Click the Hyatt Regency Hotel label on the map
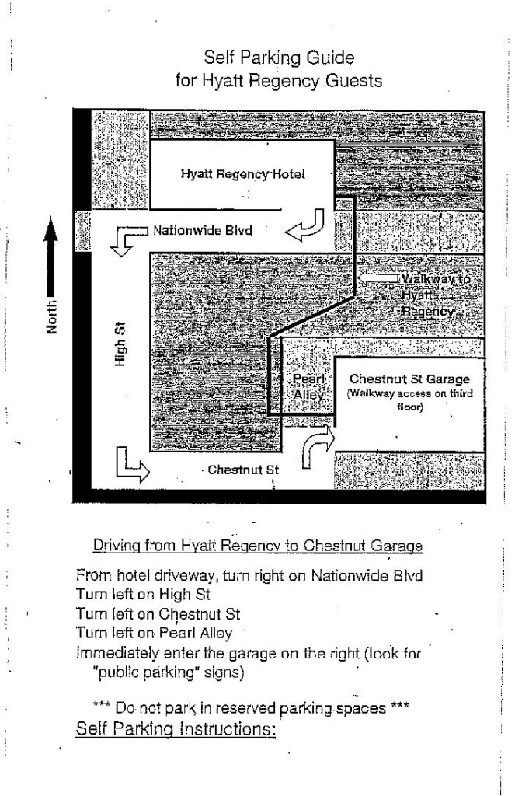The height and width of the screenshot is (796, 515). point(242,174)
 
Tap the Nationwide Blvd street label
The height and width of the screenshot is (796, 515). point(202,230)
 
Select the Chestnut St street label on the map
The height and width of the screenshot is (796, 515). point(242,470)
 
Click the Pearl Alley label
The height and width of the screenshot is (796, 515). point(307,386)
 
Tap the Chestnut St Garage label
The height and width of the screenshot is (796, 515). point(409,379)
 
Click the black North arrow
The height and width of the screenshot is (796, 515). point(52,257)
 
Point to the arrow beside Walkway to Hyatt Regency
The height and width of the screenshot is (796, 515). point(380,278)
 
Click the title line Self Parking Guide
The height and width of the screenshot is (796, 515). point(280,58)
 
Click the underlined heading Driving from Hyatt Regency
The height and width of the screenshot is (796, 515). point(258,546)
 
